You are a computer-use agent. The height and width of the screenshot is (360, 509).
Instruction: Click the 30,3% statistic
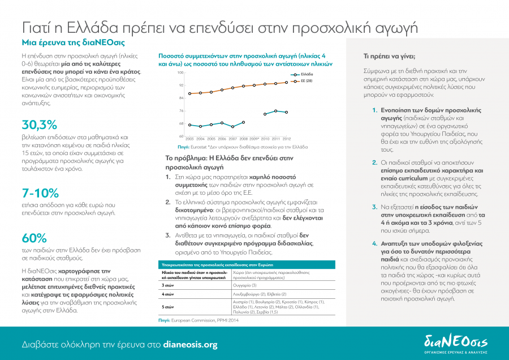click(x=40, y=125)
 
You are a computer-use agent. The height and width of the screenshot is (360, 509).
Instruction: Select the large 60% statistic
click(x=34, y=238)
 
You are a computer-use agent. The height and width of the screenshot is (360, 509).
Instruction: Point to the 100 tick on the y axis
click(x=180, y=73)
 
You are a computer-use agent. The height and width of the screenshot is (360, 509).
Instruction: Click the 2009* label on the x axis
click(x=254, y=139)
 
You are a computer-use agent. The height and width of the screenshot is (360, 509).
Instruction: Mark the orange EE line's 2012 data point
click(x=287, y=82)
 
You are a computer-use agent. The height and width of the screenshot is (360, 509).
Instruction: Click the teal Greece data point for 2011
click(x=275, y=111)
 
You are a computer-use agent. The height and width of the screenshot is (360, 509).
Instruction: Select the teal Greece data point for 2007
click(x=232, y=127)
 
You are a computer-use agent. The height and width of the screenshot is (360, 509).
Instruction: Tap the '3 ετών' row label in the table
click(x=167, y=286)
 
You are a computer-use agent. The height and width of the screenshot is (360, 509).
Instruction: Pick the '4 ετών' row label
click(x=167, y=294)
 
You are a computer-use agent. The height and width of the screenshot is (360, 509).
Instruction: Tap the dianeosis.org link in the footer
click(x=190, y=344)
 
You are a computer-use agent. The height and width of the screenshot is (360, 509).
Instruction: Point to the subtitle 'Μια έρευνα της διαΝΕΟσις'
click(x=74, y=42)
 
